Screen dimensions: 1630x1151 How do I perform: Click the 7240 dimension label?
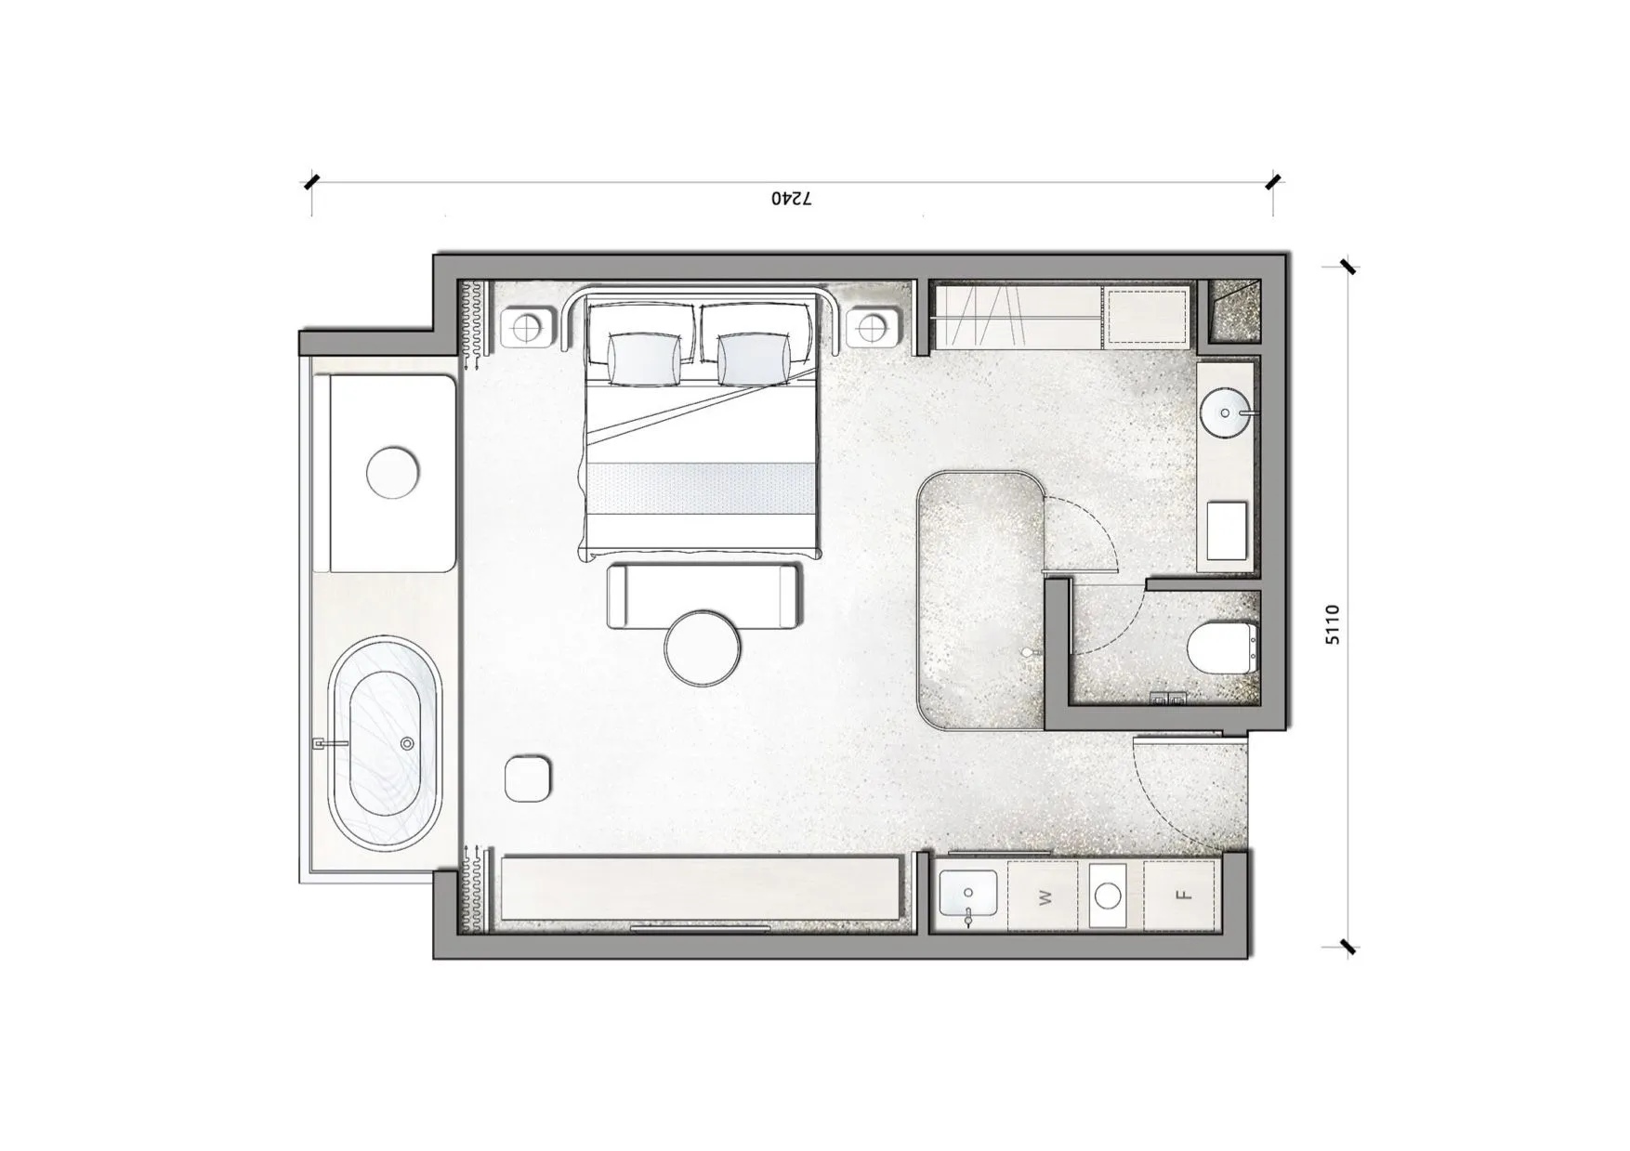coord(792,199)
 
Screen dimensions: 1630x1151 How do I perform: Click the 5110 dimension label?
coord(1333,624)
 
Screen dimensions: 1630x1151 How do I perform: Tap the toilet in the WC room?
coord(1223,647)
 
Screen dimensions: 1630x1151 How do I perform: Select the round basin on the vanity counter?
coord(1226,412)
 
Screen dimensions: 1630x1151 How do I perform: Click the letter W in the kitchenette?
coord(1045,897)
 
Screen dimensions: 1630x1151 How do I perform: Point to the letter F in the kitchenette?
coord(1182,896)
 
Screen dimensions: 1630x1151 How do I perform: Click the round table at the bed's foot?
coord(703,647)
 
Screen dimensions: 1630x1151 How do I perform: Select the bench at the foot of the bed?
coord(703,596)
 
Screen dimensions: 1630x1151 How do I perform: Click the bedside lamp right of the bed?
coord(873,328)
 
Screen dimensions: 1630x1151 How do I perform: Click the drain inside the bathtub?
coord(406,744)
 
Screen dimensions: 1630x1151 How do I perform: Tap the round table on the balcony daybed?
coord(393,473)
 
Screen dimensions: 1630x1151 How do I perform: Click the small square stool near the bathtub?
coord(528,778)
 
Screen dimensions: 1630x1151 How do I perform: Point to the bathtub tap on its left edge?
coord(329,743)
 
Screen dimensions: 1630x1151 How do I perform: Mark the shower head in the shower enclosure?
coord(1026,653)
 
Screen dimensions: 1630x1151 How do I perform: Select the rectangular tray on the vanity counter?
coord(1227,530)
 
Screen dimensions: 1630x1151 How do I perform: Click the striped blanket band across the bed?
coord(702,487)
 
